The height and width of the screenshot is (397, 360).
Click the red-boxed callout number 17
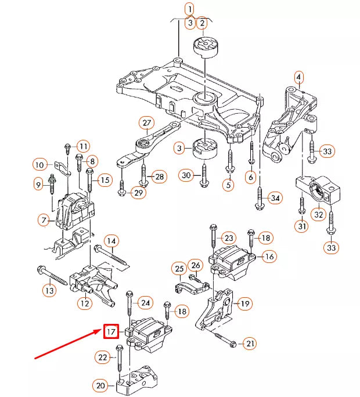(x=111, y=332)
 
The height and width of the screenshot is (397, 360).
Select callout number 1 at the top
(x=188, y=9)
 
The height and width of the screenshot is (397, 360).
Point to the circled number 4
(x=298, y=77)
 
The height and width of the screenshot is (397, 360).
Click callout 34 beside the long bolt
(x=275, y=198)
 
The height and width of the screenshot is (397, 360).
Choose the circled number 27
(x=146, y=123)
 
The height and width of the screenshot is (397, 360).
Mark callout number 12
(x=85, y=303)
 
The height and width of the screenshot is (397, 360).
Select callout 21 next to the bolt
(x=249, y=344)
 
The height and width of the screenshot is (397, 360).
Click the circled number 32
(x=319, y=215)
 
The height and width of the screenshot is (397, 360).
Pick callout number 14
(x=111, y=240)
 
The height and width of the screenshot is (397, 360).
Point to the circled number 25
(x=179, y=268)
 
